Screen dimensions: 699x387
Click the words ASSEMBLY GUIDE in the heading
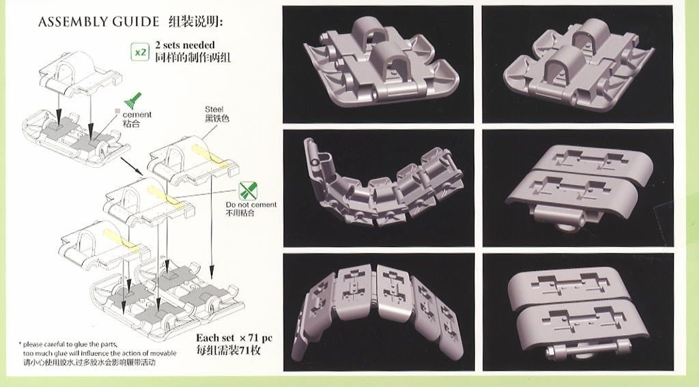tap(98, 22)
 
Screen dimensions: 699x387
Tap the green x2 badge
tap(141, 52)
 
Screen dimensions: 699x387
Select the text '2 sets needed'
tap(185, 45)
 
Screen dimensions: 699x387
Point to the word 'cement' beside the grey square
tap(137, 115)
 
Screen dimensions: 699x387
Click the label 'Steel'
tap(214, 109)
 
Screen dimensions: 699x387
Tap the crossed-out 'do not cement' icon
tap(247, 190)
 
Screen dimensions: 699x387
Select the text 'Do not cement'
tap(251, 205)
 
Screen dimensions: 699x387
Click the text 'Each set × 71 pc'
tap(234, 338)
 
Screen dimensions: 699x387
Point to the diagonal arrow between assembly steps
tap(132, 165)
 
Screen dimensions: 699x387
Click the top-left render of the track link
tap(378, 64)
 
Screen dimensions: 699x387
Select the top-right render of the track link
tap(577, 64)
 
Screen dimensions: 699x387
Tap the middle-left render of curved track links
tap(378, 188)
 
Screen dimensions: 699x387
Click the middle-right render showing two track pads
tap(577, 188)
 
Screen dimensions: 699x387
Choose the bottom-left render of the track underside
tap(378, 312)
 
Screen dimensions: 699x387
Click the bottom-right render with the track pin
tap(577, 312)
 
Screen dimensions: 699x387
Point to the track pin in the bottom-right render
tap(588, 348)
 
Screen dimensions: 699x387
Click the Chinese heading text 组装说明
tap(195, 21)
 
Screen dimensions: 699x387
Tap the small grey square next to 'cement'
tap(117, 111)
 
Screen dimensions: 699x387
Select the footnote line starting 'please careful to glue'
tap(70, 344)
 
